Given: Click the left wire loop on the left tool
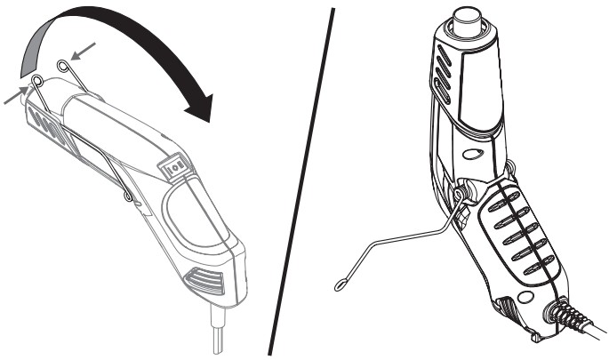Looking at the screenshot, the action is [37, 81].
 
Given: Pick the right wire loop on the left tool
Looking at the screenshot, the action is [60, 65].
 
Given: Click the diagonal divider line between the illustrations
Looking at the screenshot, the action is [302, 178].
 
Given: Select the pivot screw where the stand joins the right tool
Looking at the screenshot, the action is [460, 192].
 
